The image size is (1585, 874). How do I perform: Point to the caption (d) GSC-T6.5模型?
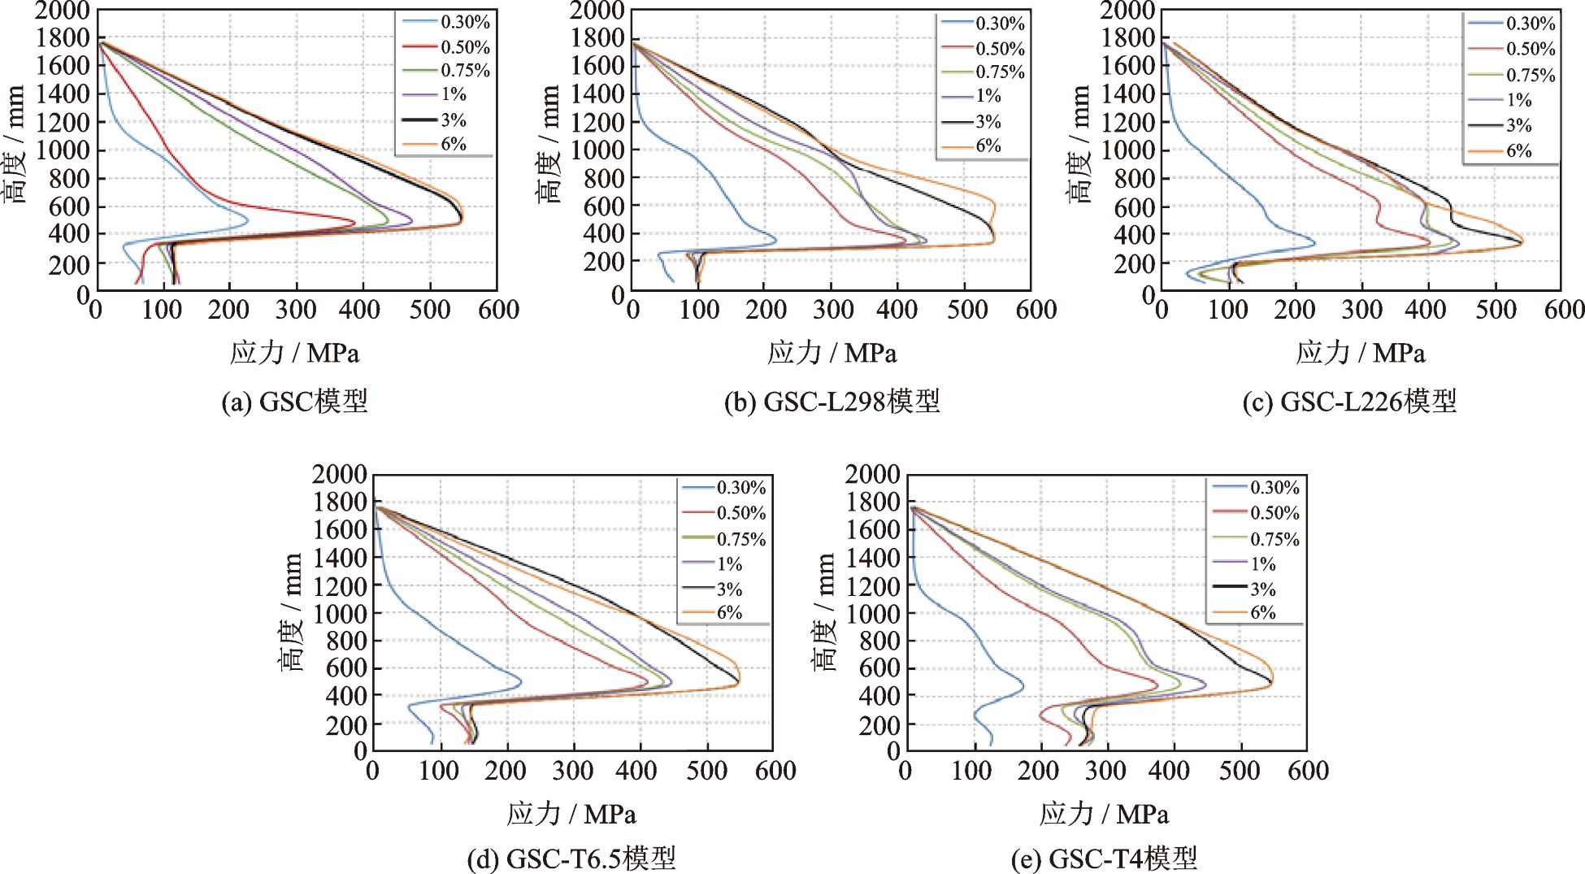coord(571,859)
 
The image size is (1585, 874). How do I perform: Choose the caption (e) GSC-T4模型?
coord(1104,859)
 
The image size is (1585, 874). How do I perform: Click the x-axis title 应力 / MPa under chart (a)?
coord(294,353)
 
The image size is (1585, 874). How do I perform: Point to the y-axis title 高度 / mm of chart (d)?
coord(291,611)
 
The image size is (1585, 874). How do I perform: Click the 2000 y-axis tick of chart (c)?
coord(1127,11)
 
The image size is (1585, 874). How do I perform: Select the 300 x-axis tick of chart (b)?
coord(833,310)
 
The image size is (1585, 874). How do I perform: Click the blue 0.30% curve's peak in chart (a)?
coord(247,219)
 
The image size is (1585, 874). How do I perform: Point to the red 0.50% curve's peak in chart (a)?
coord(355,222)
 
